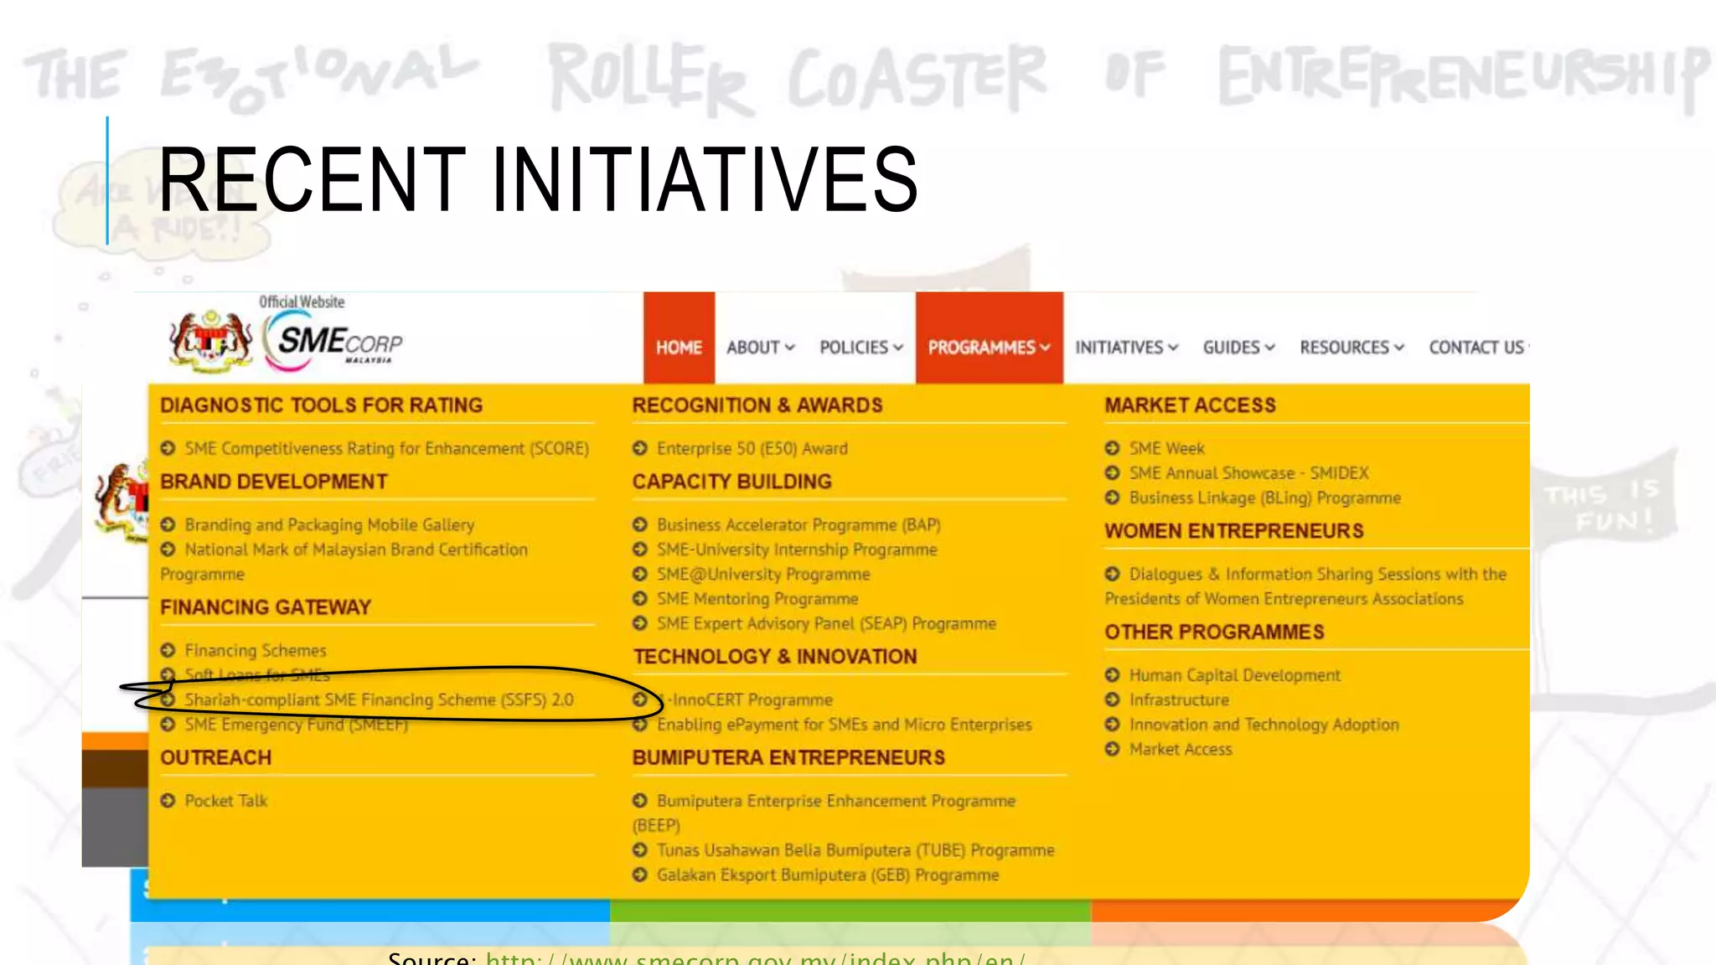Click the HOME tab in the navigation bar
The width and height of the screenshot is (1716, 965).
679,347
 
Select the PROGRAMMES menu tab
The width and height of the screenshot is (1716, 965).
989,347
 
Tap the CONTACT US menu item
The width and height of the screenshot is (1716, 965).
1476,347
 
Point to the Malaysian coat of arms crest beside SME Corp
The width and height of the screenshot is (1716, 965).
211,340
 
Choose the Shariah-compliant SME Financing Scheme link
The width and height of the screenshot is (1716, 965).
379,699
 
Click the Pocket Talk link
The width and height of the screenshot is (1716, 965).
225,801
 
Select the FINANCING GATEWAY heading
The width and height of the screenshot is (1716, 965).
266,607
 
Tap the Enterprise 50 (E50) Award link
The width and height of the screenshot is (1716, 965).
752,448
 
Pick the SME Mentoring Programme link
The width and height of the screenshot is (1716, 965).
757,599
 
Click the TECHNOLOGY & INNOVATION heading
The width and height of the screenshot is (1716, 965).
774,657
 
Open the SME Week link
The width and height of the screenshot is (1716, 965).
1166,448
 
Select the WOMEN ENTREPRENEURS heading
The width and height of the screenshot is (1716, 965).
1233,531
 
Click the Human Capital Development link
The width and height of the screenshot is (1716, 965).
1234,675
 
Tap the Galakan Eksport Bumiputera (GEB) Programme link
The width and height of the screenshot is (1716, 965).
827,875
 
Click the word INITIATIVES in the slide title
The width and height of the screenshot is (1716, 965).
705,179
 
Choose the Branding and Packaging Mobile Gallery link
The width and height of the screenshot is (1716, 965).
329,524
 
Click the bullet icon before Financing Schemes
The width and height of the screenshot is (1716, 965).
168,650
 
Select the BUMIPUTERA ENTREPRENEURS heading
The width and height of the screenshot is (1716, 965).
788,757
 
